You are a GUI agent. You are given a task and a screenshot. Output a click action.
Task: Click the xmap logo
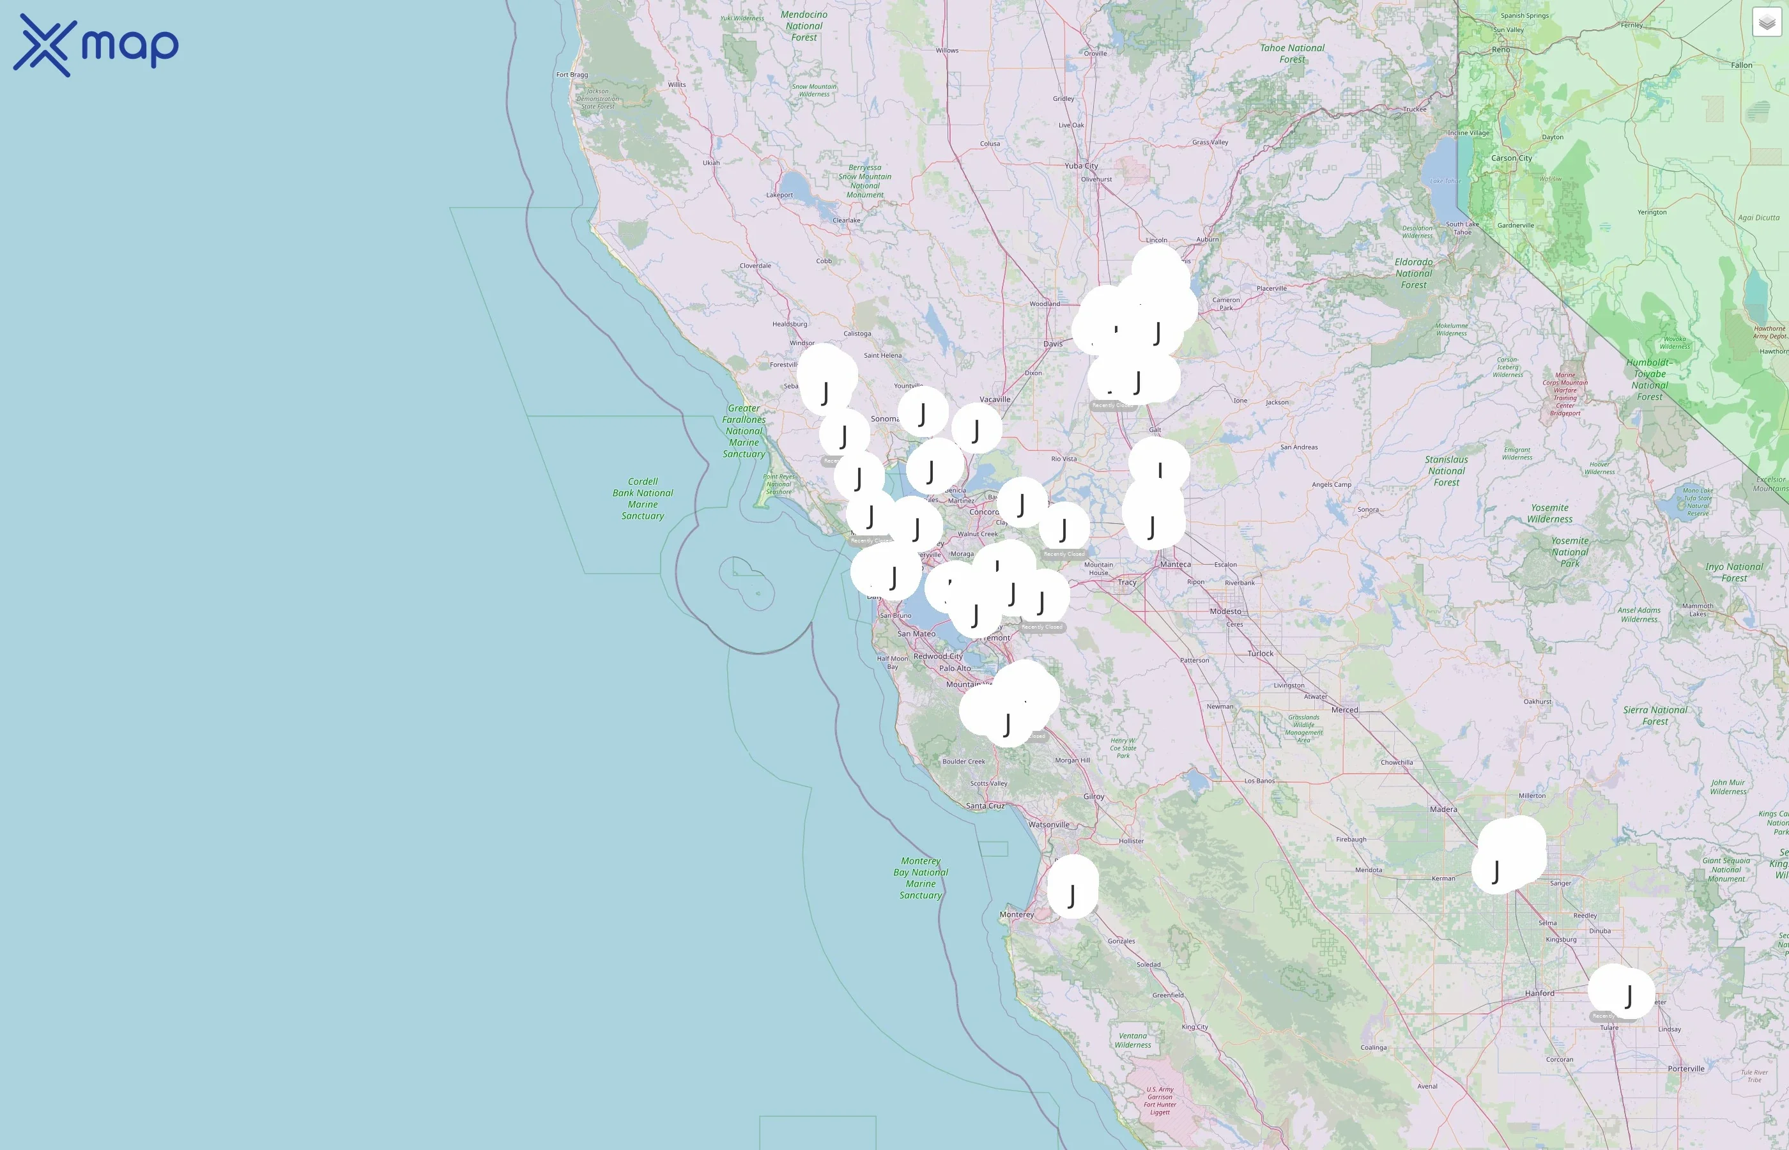coord(96,45)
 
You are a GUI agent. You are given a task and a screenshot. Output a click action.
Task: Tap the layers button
coord(1767,22)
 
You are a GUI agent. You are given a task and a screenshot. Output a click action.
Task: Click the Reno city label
coord(1501,50)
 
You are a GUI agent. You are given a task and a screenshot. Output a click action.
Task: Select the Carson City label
coord(1511,158)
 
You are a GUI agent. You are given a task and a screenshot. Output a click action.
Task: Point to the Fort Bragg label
coord(572,75)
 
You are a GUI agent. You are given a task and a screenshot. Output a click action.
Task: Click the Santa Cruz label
coord(985,806)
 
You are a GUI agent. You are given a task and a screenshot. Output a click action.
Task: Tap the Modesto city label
coord(1225,611)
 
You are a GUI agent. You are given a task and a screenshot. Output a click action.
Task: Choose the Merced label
coord(1344,709)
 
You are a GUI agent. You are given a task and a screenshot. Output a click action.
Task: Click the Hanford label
coord(1540,993)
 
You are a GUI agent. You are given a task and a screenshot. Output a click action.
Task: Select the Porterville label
coord(1686,1069)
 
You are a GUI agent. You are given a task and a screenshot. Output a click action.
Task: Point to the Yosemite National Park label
coord(1569,552)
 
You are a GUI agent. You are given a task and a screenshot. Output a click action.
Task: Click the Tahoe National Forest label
coord(1292,53)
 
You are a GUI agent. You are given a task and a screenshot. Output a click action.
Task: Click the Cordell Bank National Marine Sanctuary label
coord(642,499)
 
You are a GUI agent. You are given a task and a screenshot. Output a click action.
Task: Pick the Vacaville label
coord(995,399)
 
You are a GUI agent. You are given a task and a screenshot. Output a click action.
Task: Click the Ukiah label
coord(711,163)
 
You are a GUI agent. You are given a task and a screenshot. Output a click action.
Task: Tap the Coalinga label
coord(1373,1048)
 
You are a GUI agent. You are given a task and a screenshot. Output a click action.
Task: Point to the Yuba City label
coord(1081,165)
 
